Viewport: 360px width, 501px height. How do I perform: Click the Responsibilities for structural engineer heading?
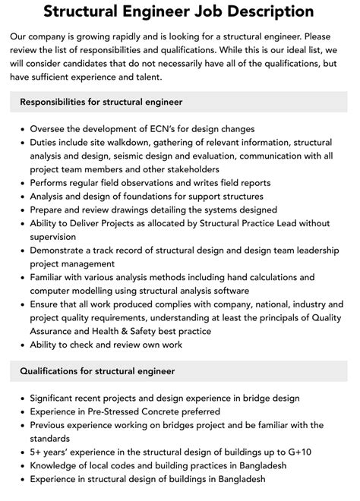click(x=101, y=102)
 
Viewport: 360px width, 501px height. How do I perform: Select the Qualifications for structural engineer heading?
click(x=97, y=371)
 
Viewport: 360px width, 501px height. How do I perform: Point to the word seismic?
click(x=133, y=156)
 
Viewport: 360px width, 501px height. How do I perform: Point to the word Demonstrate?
click(x=60, y=250)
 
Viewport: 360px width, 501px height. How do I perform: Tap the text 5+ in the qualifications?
click(x=36, y=452)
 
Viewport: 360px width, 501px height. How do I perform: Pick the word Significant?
click(x=57, y=398)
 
